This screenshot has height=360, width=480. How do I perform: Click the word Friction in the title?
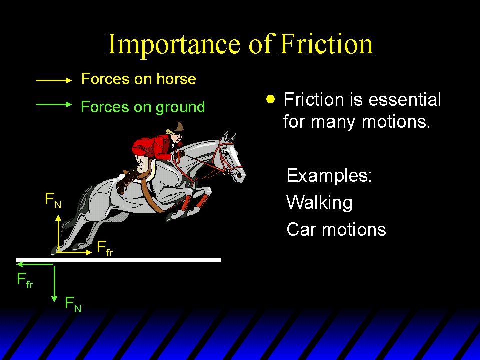tap(326, 44)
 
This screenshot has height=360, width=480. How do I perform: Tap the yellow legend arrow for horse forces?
tap(54, 80)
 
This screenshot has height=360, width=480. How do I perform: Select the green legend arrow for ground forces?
tap(54, 104)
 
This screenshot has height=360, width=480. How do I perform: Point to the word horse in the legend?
tap(176, 79)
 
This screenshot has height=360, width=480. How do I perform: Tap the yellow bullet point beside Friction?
tap(271, 99)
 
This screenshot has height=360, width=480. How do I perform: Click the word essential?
tap(405, 99)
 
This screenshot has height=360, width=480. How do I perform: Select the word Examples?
tap(329, 175)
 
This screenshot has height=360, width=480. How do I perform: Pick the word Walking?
tap(320, 203)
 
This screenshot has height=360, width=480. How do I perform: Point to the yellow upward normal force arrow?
tap(58, 234)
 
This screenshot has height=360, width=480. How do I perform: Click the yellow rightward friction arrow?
tap(75, 252)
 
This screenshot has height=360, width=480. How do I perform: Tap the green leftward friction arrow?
tap(35, 264)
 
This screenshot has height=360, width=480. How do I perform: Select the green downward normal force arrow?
tap(54, 284)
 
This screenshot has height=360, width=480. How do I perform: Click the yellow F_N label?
tap(53, 200)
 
